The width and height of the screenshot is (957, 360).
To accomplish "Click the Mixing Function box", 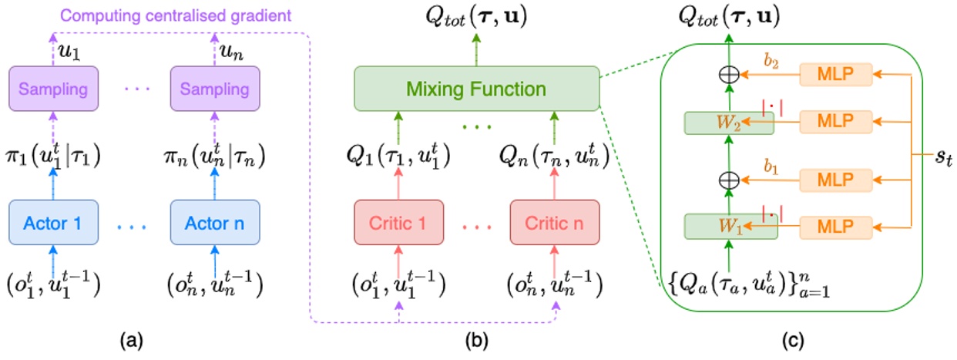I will pyautogui.click(x=476, y=89).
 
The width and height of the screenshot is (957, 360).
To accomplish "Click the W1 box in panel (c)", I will pyautogui.click(x=728, y=227).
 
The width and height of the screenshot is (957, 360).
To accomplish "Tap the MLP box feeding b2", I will pyautogui.click(x=835, y=74).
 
